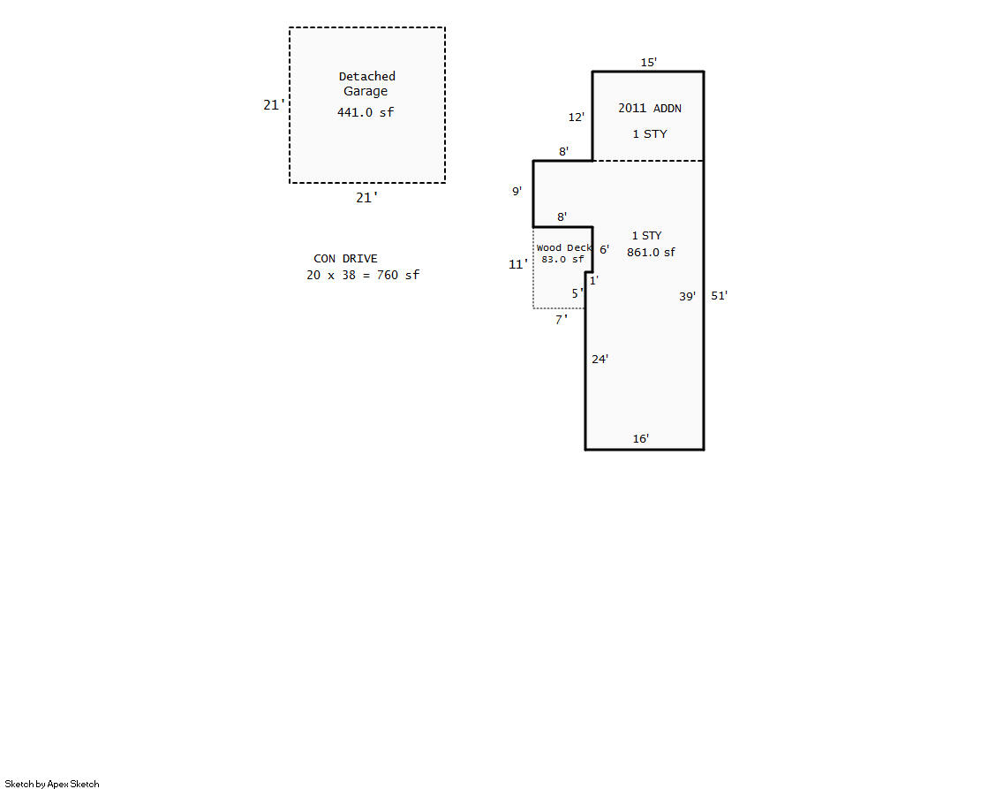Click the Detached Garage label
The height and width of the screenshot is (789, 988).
coord(366,84)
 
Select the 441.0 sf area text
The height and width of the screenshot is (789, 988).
coord(366,112)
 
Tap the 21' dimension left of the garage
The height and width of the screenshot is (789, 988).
coord(274,104)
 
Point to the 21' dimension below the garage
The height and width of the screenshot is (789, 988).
coord(366,197)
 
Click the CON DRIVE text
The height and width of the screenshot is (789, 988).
coord(345,259)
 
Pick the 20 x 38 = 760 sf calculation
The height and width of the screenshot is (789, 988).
coord(363,275)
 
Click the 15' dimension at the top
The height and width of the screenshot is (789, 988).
coord(648,62)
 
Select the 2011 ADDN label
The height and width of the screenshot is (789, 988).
coord(650,108)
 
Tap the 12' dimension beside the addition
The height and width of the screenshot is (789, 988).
coord(576,117)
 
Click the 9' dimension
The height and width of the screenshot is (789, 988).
coord(517,191)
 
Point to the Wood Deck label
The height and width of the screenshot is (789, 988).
coord(564,248)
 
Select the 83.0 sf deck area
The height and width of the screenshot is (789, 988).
coord(562,259)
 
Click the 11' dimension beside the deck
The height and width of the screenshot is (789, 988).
coord(518,264)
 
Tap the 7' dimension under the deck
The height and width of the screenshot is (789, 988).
coord(561,320)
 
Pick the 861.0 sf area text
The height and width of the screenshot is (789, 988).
coord(650,253)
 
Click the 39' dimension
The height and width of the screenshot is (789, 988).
coord(687,296)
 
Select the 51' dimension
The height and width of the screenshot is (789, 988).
coord(719,295)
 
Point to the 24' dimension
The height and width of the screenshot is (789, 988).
coord(600,359)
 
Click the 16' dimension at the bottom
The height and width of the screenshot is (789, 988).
coord(641,438)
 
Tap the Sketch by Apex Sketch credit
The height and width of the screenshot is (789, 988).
coord(52,784)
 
